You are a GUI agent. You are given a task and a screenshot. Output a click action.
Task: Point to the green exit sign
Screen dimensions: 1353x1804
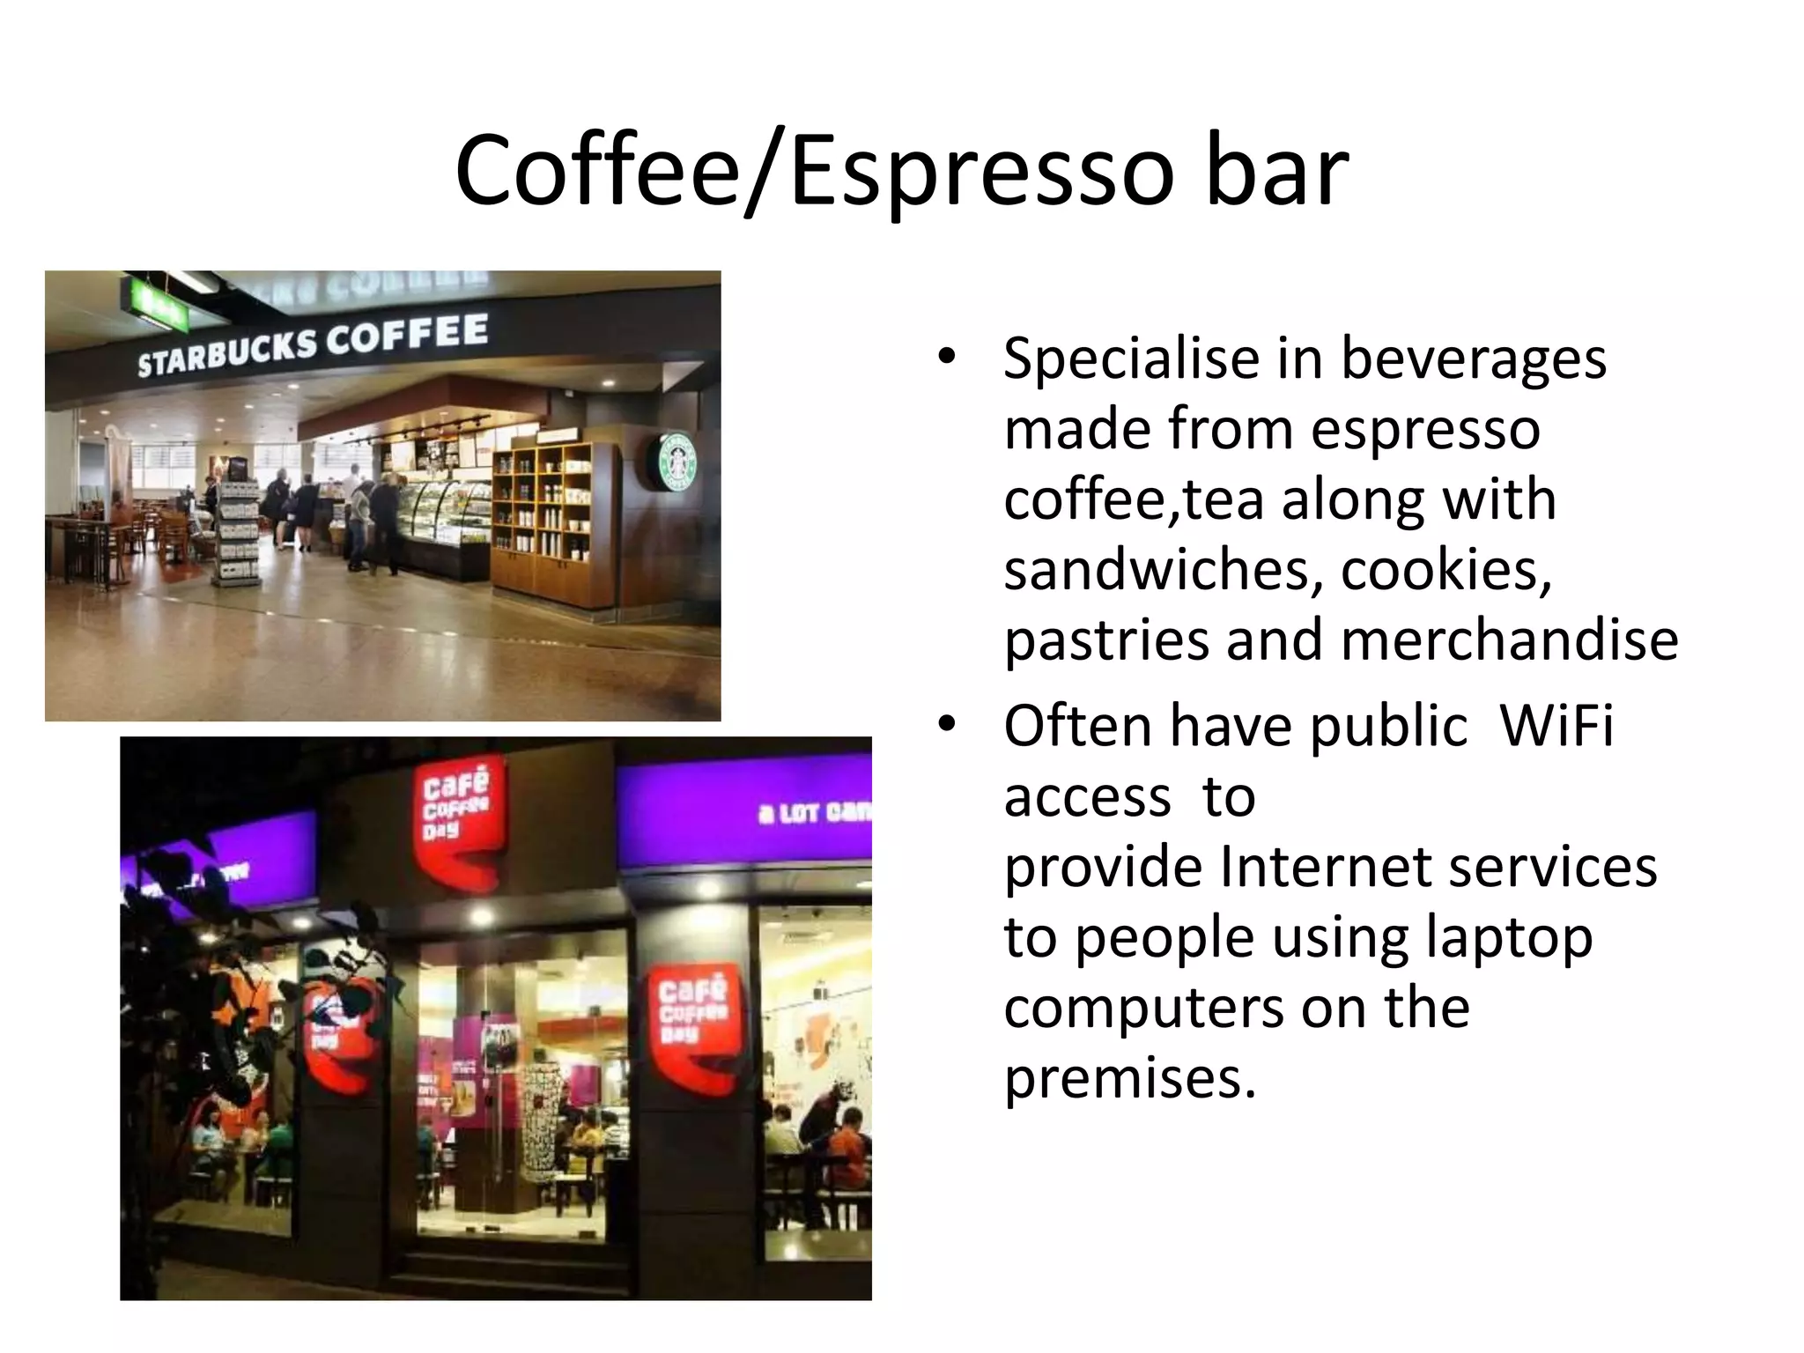156,306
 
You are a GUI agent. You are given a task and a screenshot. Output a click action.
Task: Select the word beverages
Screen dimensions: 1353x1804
1473,359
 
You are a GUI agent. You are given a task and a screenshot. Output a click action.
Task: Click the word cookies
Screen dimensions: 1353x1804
1445,570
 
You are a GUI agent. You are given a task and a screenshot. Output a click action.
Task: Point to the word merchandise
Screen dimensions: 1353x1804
1509,640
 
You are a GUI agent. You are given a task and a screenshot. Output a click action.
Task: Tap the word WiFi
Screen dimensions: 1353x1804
1556,727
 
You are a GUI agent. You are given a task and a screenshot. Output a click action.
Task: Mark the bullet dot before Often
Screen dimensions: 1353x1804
947,725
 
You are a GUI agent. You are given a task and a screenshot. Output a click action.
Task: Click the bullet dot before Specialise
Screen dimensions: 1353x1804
947,357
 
